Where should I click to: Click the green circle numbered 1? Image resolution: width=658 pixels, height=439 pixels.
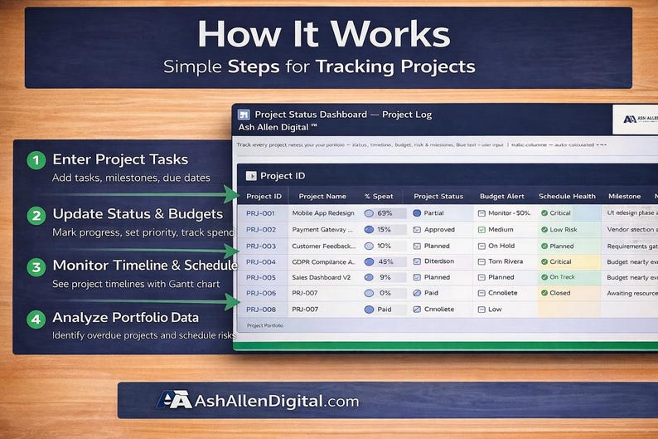35,160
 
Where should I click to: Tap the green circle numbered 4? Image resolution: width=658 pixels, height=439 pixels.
35,318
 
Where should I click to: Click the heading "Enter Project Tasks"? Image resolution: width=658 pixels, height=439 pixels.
120,159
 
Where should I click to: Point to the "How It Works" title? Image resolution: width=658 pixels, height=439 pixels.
324,35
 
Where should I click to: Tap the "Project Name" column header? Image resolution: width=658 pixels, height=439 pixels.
322,196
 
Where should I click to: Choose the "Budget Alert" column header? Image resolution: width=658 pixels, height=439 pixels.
501,196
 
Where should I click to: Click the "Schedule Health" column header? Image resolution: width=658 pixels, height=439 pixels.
567,196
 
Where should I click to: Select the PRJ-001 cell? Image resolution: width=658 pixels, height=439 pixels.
261,213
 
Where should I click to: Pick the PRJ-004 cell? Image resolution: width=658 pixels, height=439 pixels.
261,261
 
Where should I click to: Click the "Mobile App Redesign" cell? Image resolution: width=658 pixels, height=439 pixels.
322,213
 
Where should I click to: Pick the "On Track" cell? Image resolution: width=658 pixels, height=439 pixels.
561,277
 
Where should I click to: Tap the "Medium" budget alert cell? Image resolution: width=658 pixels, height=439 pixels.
501,229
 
